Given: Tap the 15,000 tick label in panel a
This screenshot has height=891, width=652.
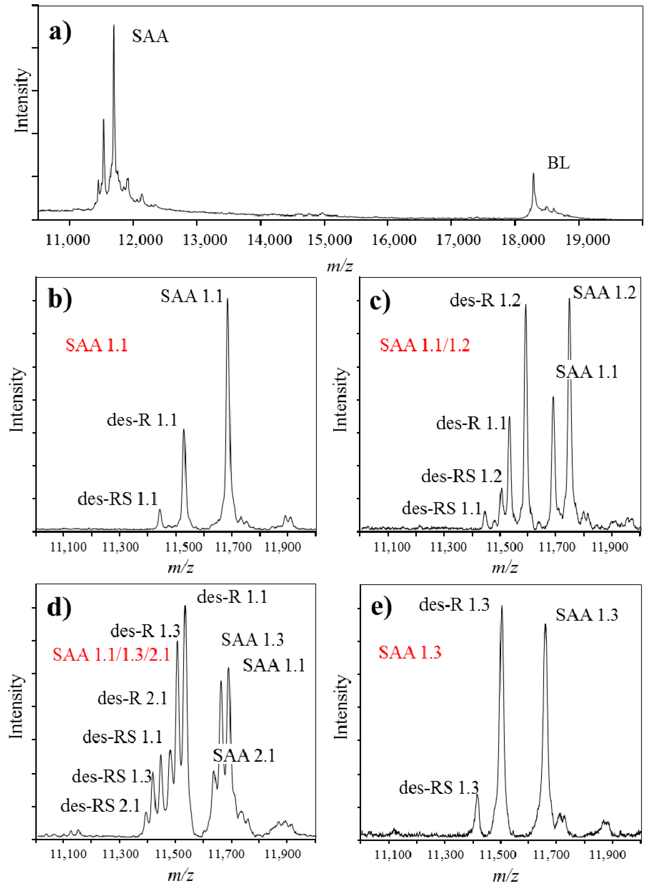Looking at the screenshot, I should [x=329, y=240].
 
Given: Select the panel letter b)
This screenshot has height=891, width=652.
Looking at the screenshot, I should [x=60, y=299].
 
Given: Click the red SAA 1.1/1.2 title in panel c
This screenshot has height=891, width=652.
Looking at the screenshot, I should [x=425, y=345].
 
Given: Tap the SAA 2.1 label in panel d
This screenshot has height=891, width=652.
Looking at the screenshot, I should [x=244, y=756].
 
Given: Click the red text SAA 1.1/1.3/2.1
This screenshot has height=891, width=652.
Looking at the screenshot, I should [x=111, y=655].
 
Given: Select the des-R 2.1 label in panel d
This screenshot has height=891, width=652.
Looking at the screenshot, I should [x=133, y=698].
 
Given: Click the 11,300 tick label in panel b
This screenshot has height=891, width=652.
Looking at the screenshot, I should [x=120, y=547].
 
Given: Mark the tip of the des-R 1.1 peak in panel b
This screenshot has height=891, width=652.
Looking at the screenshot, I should [x=184, y=430].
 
